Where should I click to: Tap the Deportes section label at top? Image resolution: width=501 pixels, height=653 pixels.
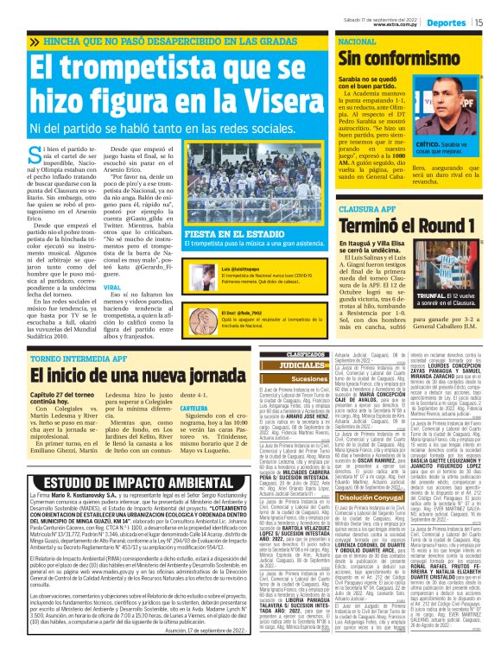click(x=447, y=23)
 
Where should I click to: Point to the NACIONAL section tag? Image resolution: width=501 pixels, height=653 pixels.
click(x=357, y=41)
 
